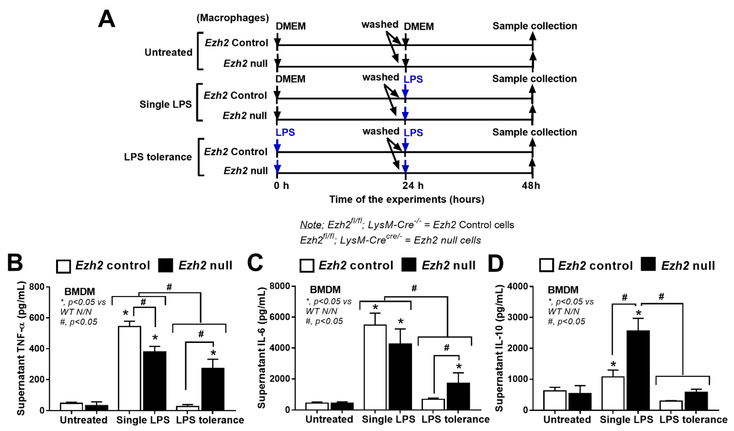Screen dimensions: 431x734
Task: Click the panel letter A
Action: (107, 19)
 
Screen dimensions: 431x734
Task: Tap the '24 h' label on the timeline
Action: (413, 185)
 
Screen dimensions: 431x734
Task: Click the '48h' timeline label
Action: (531, 185)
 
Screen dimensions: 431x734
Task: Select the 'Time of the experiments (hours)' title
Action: (407, 199)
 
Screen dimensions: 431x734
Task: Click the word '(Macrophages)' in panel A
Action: (232, 18)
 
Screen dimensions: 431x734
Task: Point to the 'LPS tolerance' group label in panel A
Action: (158, 157)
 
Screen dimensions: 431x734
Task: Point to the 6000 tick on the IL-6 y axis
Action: (280, 317)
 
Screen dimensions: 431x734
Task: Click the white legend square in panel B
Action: (63, 266)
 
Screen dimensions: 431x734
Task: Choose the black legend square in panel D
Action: (648, 264)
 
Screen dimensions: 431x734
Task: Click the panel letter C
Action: (255, 263)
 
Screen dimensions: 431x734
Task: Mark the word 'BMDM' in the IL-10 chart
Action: (563, 290)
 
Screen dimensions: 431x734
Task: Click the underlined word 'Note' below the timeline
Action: (310, 225)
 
